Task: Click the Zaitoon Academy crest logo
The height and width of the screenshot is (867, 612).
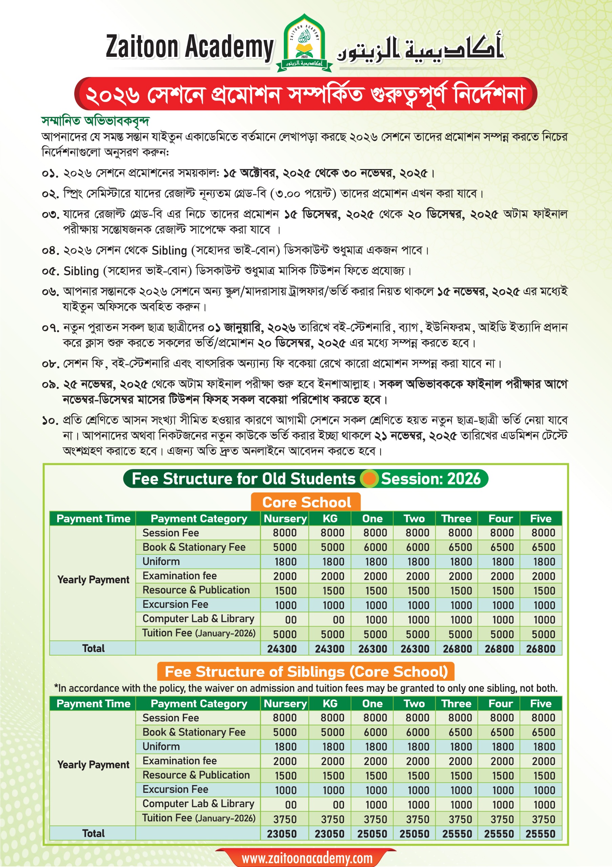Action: point(304,43)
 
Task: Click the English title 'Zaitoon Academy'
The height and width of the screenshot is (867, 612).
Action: point(190,47)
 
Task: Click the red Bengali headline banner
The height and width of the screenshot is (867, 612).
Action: point(306,94)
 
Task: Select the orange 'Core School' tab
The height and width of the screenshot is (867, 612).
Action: point(306,502)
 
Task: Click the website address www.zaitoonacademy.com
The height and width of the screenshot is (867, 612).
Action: point(307,857)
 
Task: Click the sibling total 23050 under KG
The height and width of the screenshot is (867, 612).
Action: point(329,834)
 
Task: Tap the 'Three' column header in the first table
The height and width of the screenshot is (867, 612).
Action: point(456,519)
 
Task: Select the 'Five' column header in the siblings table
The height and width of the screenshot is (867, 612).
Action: point(541,703)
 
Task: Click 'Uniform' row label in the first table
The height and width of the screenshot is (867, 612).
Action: point(161,562)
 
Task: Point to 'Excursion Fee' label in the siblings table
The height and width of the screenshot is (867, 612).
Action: point(175,789)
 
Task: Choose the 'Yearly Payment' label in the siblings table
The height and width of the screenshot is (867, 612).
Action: point(93,765)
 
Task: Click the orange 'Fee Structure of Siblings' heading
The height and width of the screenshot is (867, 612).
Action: point(306,672)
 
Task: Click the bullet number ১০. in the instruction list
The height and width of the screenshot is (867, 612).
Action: point(50,420)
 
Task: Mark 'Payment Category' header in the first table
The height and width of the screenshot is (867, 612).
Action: point(198,519)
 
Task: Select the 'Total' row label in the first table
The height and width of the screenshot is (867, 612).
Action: point(93,648)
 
